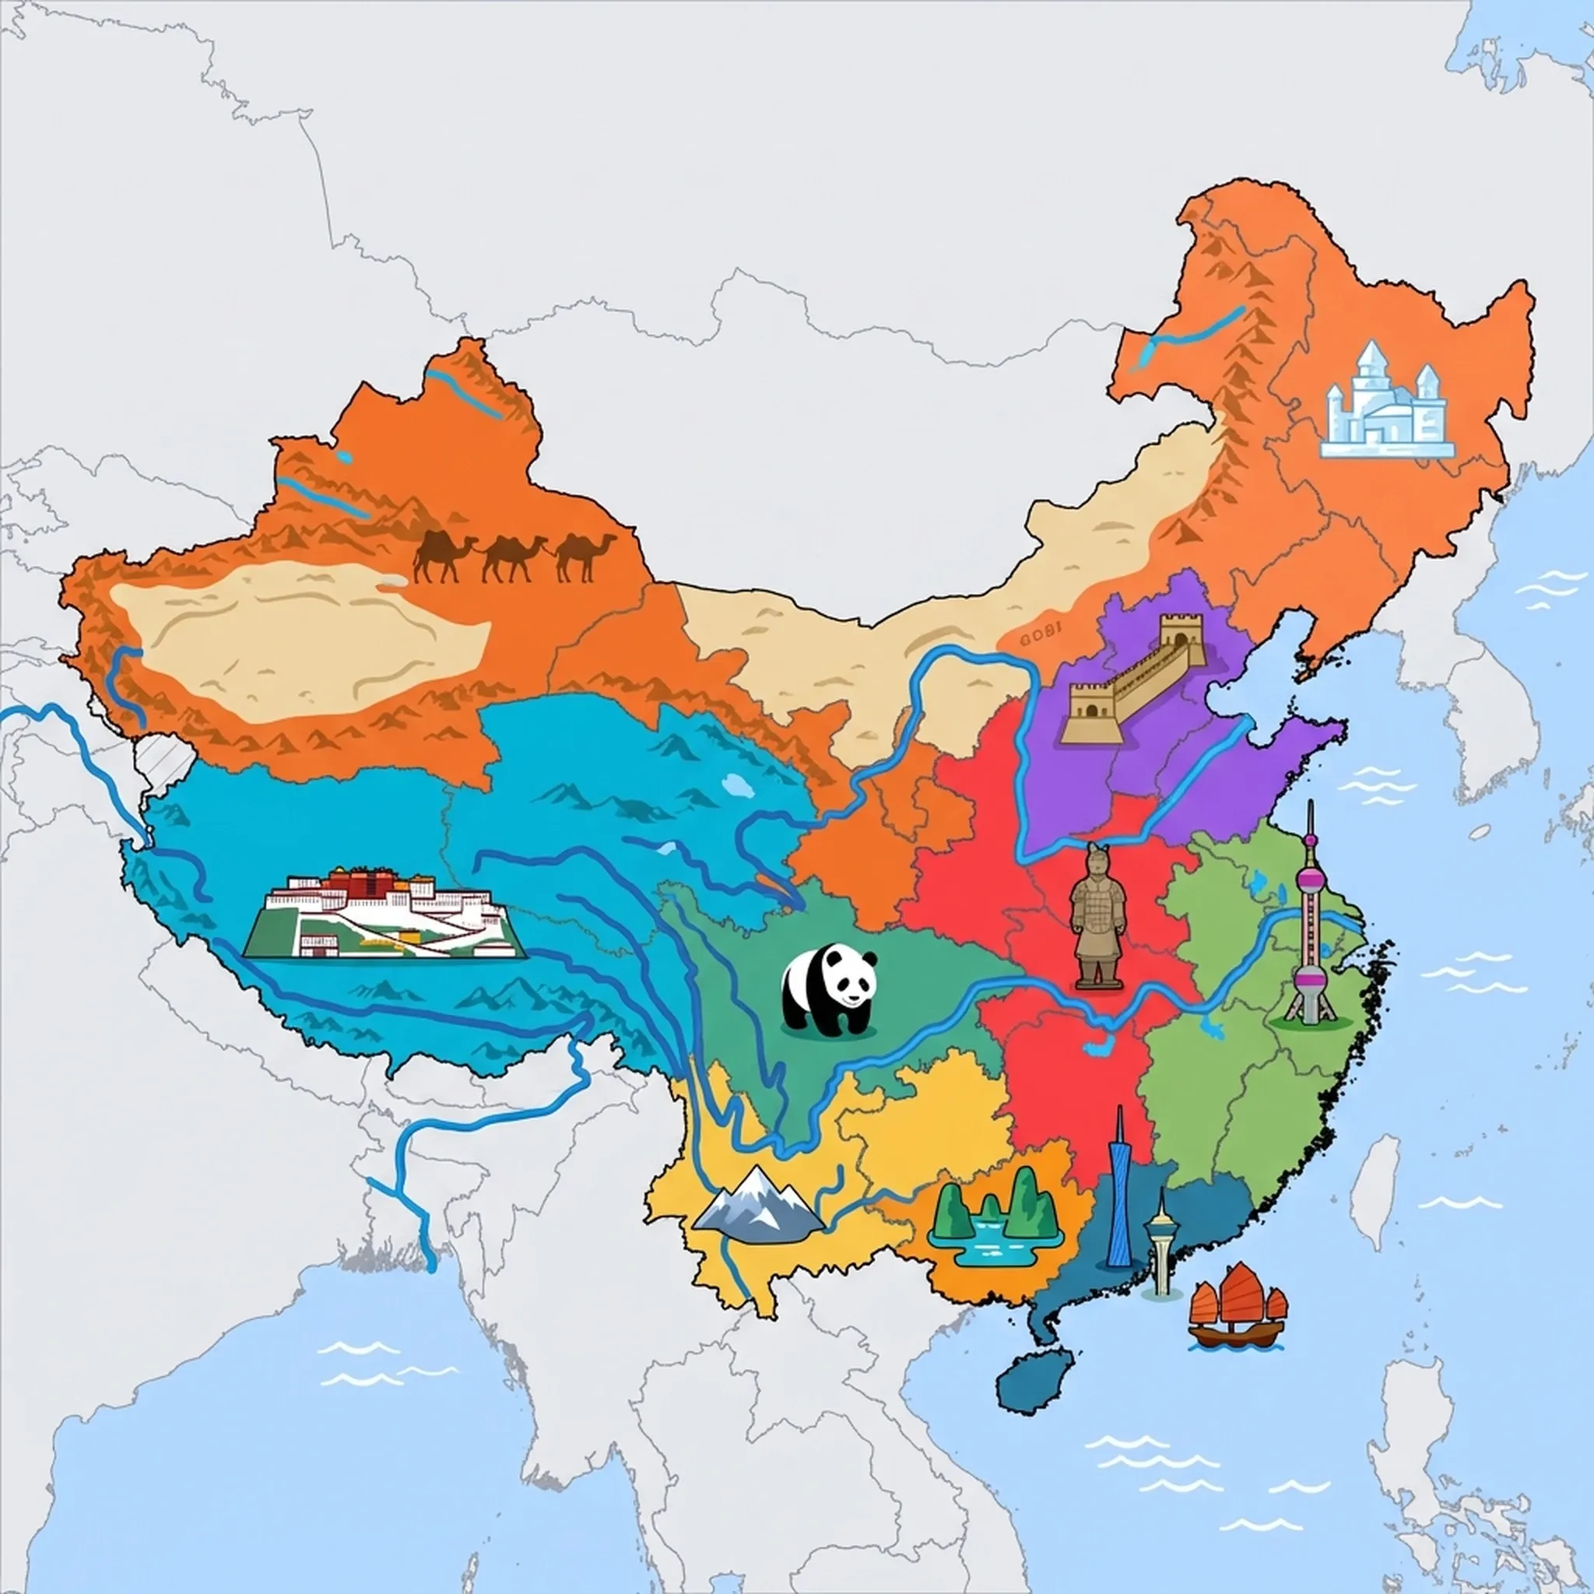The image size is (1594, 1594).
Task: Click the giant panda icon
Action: [828, 989]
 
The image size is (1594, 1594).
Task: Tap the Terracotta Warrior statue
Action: [1097, 916]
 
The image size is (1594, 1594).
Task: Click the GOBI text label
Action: [1038, 635]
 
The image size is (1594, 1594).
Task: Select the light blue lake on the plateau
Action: [737, 783]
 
